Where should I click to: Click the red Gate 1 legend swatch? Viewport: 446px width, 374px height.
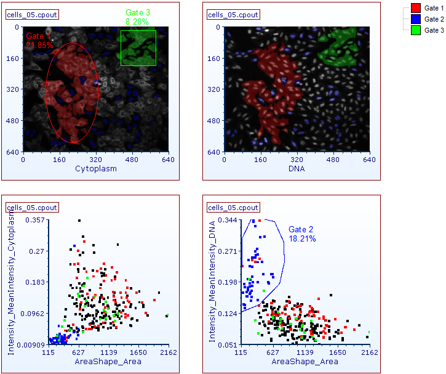(415, 8)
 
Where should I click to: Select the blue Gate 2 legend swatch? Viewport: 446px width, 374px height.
(415, 19)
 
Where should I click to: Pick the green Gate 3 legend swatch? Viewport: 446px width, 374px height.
(415, 30)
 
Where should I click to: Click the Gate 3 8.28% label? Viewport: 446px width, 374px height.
(137, 17)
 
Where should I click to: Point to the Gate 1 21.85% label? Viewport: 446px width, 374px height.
(39, 41)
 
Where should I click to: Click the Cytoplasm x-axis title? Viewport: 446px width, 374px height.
(96, 168)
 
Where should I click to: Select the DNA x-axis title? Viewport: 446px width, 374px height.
(297, 168)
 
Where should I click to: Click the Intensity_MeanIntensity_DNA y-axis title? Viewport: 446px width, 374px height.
(213, 280)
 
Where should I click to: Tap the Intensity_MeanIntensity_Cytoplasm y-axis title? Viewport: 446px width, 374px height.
(11, 280)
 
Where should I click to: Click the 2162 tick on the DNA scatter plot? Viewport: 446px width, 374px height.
(370, 353)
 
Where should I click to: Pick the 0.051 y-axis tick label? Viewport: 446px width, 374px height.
(229, 345)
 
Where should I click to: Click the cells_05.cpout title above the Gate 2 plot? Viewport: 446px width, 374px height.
(233, 207)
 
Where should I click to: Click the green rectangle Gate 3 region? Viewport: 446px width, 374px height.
(138, 48)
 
